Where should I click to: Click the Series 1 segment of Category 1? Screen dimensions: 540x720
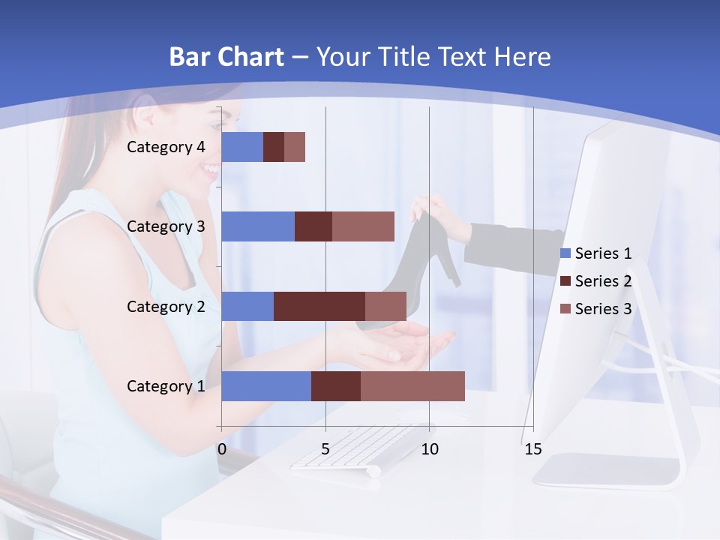point(266,386)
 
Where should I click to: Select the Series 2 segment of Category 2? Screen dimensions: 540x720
point(319,306)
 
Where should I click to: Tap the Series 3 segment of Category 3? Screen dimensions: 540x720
point(363,226)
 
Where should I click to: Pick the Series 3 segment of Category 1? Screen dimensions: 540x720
point(412,386)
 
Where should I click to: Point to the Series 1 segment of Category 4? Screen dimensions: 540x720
point(242,147)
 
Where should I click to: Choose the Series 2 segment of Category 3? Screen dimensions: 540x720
point(313,226)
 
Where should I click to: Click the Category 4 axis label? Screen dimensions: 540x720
point(166,147)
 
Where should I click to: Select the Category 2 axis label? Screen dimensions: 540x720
point(166,306)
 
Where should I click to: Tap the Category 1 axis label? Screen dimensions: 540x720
point(166,386)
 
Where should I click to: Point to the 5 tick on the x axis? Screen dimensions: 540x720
point(325,449)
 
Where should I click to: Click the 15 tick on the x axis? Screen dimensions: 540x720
point(532,449)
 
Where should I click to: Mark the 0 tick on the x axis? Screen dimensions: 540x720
point(221,449)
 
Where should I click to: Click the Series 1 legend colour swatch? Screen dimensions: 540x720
point(565,253)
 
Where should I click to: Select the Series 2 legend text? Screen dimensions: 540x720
point(603,281)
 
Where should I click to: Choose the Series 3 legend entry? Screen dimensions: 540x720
point(596,309)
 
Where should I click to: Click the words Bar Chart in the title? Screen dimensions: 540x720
point(226,57)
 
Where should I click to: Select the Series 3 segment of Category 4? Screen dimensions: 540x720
point(295,147)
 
